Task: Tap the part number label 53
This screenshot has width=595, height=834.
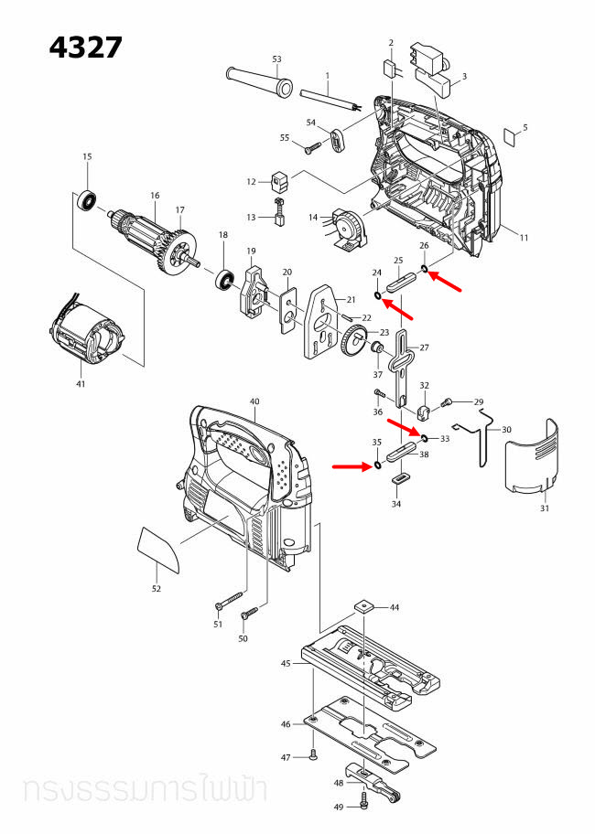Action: [276, 59]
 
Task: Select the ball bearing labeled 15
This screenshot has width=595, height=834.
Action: [89, 198]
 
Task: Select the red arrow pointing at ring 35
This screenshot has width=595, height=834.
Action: [351, 465]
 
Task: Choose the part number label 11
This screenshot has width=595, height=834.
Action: [525, 239]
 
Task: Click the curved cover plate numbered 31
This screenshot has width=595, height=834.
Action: [532, 457]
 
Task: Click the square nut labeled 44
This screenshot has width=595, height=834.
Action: [365, 605]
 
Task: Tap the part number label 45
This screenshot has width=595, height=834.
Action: [286, 663]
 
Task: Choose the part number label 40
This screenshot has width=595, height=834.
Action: [254, 401]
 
